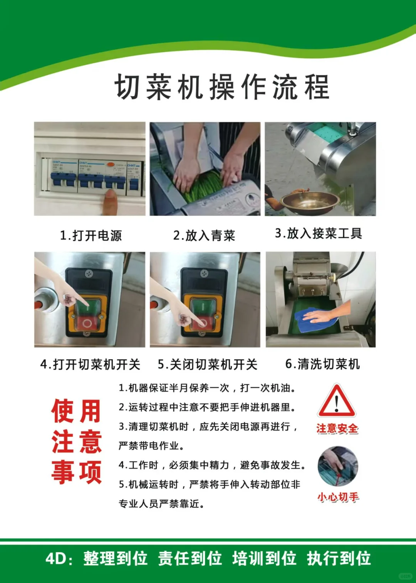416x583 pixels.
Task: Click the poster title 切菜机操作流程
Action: [x=222, y=87]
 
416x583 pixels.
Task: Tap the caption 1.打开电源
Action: [x=91, y=235]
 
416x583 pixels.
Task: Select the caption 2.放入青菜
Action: [x=204, y=235]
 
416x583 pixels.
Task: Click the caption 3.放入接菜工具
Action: [x=319, y=233]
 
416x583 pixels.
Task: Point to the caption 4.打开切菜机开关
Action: [x=90, y=364]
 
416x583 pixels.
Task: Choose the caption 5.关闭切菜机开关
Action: [x=207, y=364]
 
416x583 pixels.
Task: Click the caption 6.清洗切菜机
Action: [x=322, y=364]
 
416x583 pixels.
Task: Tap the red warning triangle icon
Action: [x=336, y=402]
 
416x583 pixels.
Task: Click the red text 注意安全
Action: [x=337, y=428]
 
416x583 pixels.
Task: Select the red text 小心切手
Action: [x=338, y=497]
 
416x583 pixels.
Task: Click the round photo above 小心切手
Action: [x=338, y=466]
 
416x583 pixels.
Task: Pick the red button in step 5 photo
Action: [x=203, y=323]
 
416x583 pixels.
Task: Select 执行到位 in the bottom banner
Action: [x=339, y=558]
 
